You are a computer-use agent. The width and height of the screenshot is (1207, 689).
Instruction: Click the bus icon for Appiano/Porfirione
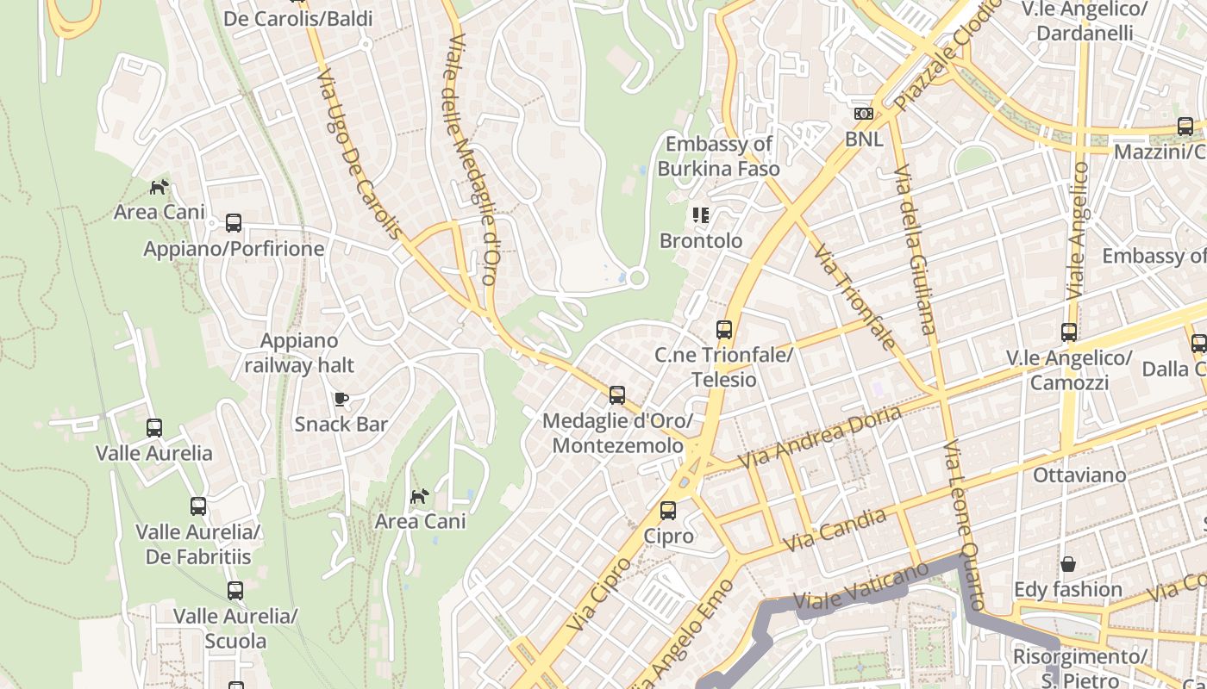click(x=233, y=223)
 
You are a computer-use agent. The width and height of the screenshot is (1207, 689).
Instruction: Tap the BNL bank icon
click(x=863, y=114)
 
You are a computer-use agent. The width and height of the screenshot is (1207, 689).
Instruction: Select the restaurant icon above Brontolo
click(x=700, y=215)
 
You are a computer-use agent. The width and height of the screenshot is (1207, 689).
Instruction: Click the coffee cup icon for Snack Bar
click(x=341, y=399)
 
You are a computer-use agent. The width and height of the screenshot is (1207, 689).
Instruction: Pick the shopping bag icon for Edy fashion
click(x=1067, y=564)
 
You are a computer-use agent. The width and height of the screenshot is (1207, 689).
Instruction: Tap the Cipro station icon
click(x=667, y=511)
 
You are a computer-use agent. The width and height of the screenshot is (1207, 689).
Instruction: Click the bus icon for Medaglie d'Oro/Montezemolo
click(x=616, y=395)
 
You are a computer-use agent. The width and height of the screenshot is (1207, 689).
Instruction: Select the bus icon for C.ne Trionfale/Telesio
click(x=723, y=329)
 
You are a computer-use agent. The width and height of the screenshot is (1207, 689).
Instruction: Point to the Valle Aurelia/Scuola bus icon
click(x=235, y=591)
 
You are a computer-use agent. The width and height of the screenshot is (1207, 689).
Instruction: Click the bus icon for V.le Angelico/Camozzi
click(x=1068, y=332)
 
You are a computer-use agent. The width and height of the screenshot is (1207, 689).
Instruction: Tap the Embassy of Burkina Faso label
click(x=718, y=156)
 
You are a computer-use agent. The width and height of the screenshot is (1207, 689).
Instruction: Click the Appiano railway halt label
click(x=298, y=353)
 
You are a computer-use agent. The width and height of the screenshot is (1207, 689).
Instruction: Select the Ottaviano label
click(x=1079, y=475)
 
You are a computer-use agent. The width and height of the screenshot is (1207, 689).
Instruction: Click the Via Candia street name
click(x=835, y=531)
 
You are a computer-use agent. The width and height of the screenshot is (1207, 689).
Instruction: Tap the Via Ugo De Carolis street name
click(x=358, y=155)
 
